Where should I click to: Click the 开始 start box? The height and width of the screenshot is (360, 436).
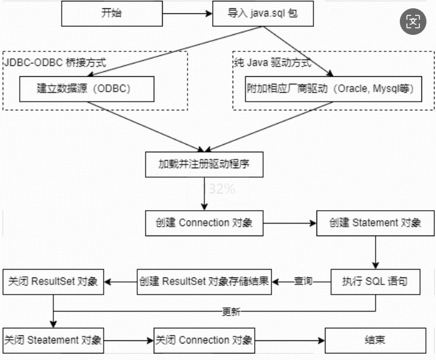click(111, 13)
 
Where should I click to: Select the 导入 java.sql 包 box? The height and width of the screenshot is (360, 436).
click(262, 13)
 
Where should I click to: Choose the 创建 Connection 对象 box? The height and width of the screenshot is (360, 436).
click(203, 223)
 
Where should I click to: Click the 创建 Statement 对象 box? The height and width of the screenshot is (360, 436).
click(375, 223)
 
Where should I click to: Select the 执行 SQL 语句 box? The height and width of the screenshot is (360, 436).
click(375, 281)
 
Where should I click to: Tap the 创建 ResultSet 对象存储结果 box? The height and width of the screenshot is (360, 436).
click(204, 281)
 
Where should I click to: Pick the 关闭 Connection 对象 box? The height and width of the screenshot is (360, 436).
click(204, 340)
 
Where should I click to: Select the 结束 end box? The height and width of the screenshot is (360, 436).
click(375, 340)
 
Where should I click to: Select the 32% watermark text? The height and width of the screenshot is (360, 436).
click(222, 189)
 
